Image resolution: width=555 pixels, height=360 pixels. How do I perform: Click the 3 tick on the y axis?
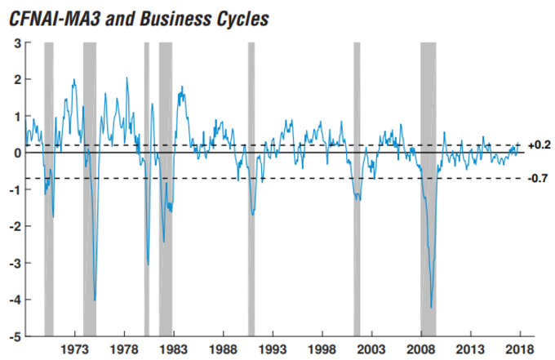point(17,42)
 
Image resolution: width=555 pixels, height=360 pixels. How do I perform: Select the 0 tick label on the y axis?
point(17,153)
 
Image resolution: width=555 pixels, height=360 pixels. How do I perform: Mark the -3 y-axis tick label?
point(15,263)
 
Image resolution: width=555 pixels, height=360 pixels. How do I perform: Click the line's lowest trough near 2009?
point(431,308)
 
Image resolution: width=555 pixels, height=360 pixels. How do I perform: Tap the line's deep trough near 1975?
point(95,300)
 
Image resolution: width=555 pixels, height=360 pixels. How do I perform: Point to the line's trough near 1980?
point(148,264)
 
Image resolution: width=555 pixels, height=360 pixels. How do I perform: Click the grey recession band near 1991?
point(251,188)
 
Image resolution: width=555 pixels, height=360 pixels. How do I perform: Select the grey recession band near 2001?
point(357,188)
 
